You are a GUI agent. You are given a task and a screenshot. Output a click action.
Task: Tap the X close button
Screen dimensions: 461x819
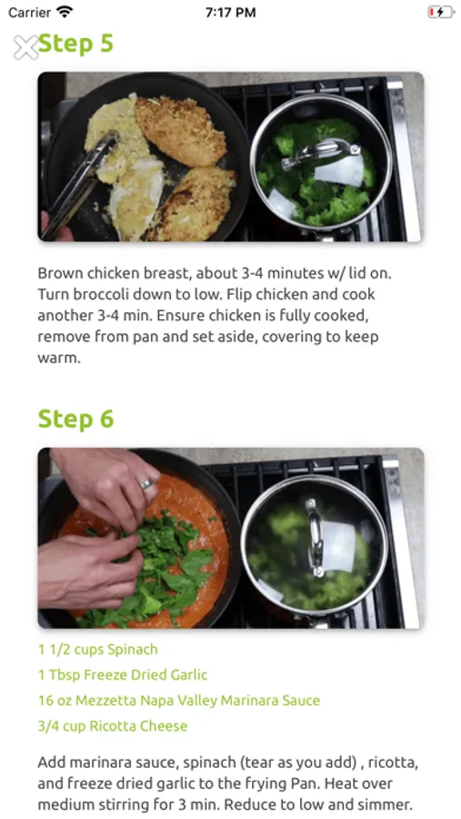click(25, 47)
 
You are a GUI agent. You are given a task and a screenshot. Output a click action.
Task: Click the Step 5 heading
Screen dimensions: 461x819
click(75, 44)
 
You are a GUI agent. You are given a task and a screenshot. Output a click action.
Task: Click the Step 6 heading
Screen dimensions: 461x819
click(75, 419)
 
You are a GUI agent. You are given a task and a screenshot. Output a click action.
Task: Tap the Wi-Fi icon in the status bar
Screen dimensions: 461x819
click(65, 12)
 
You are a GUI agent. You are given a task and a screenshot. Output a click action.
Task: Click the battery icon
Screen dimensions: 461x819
click(441, 12)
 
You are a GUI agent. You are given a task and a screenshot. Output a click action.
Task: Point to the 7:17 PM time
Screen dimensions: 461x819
click(230, 13)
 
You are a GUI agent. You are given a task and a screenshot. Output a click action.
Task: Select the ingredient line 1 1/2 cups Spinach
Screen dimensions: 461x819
click(97, 649)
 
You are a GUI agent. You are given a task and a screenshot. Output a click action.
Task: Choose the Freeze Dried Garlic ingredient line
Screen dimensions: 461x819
click(123, 675)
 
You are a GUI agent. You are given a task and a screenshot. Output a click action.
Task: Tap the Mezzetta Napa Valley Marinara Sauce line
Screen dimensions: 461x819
click(179, 700)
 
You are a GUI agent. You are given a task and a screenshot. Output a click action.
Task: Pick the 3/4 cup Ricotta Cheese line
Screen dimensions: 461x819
click(113, 725)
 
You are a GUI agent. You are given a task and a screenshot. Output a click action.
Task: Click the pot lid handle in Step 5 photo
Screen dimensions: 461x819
click(321, 153)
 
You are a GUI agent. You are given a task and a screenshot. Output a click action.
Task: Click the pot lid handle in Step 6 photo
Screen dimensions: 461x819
click(315, 538)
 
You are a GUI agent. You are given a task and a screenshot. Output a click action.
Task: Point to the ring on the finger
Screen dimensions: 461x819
click(147, 485)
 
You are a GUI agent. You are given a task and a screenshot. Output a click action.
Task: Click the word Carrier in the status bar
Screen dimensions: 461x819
click(30, 12)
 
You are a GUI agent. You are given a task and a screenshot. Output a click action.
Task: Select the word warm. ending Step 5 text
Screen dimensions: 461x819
click(59, 359)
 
